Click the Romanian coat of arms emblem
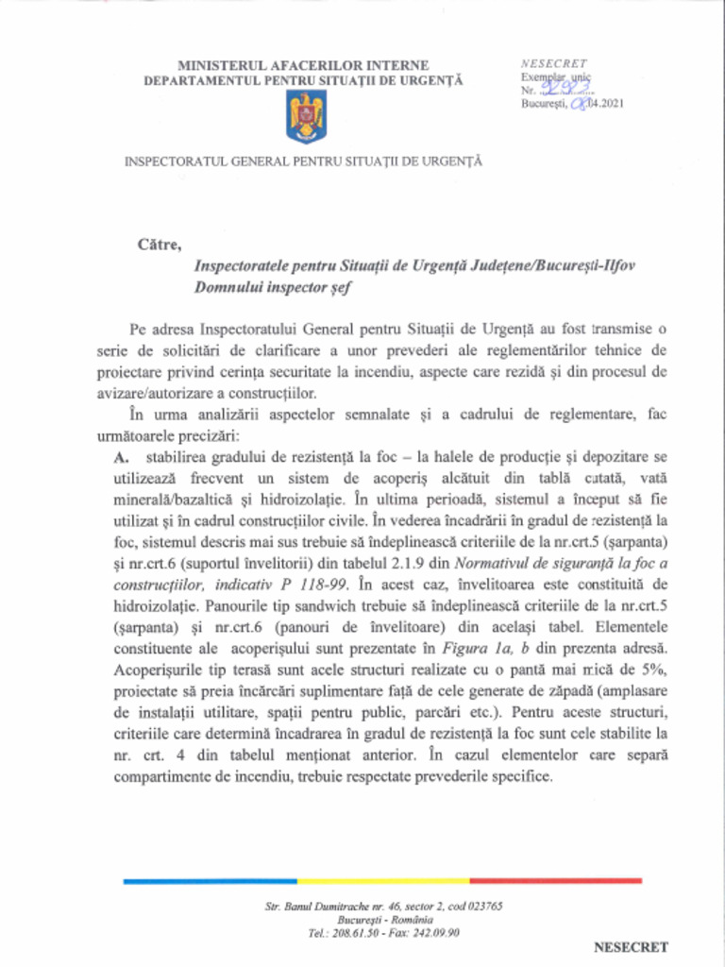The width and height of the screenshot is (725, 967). point(306,117)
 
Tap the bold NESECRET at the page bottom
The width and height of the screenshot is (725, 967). point(631,946)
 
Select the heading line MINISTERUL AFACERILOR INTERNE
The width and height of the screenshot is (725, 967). point(303,65)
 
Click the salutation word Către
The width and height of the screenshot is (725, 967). point(159,245)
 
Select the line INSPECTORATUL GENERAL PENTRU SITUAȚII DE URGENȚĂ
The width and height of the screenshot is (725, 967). point(303,161)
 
